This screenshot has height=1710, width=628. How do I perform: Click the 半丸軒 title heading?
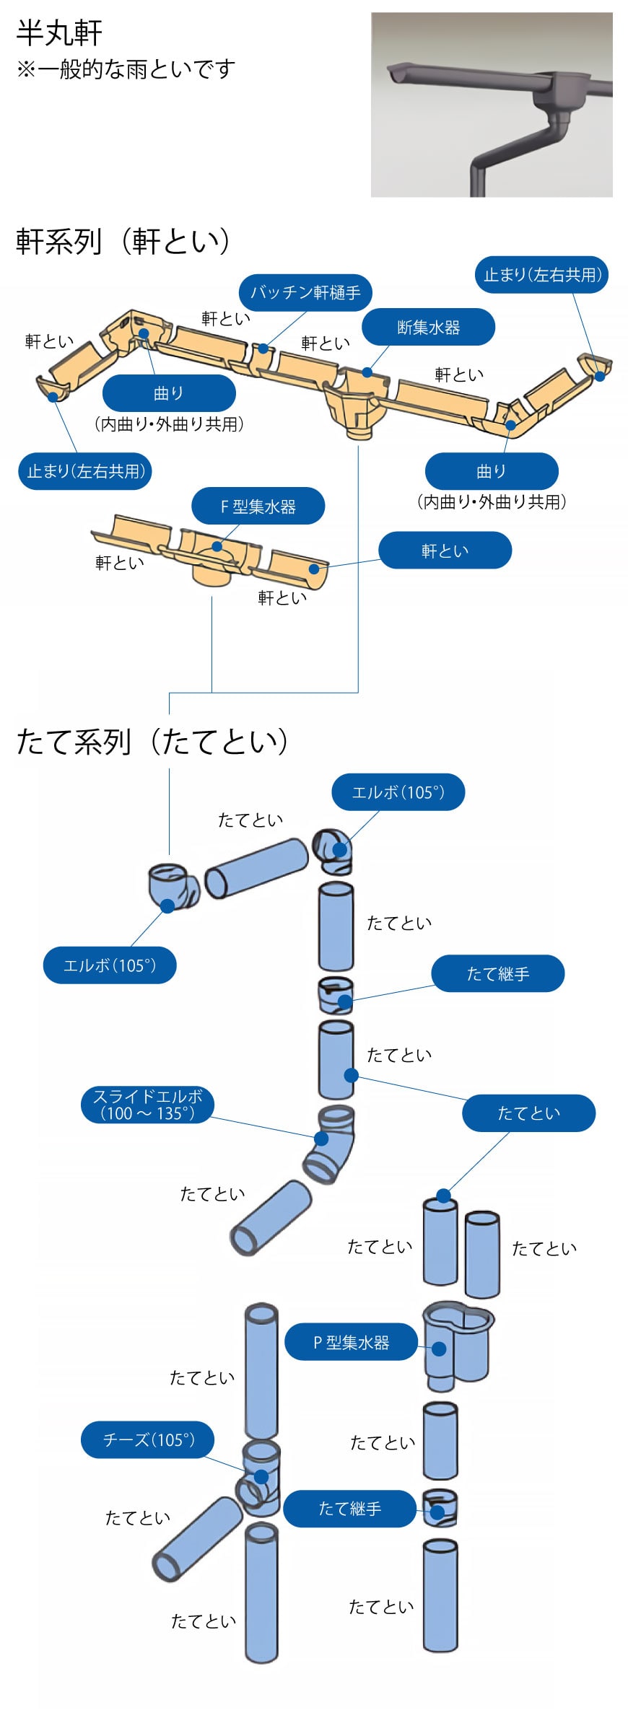tap(59, 33)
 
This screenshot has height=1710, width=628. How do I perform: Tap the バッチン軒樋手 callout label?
tap(305, 292)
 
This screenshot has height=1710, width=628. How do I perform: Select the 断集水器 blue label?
tap(428, 328)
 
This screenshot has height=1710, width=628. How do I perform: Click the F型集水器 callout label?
tap(258, 507)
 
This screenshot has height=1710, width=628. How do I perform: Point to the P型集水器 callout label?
tap(352, 1342)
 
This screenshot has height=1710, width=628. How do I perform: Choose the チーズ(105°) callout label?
tap(148, 1439)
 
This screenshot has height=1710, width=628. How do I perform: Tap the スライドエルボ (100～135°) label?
tap(148, 1105)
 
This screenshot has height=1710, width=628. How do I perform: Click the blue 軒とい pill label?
tap(445, 551)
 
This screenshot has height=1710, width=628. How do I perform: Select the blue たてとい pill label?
tap(528, 1113)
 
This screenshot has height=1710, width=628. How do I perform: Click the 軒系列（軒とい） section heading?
tap(123, 241)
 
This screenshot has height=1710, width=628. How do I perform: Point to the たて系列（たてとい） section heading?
tap(152, 741)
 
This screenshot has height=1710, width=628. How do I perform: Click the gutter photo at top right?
tap(492, 105)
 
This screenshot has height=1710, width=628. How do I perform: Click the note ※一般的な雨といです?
tap(126, 70)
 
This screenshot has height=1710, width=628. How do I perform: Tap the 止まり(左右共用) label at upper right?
tap(541, 275)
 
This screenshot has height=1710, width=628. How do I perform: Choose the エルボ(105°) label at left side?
tap(110, 965)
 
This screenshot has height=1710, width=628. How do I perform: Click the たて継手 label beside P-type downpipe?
tap(350, 1508)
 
